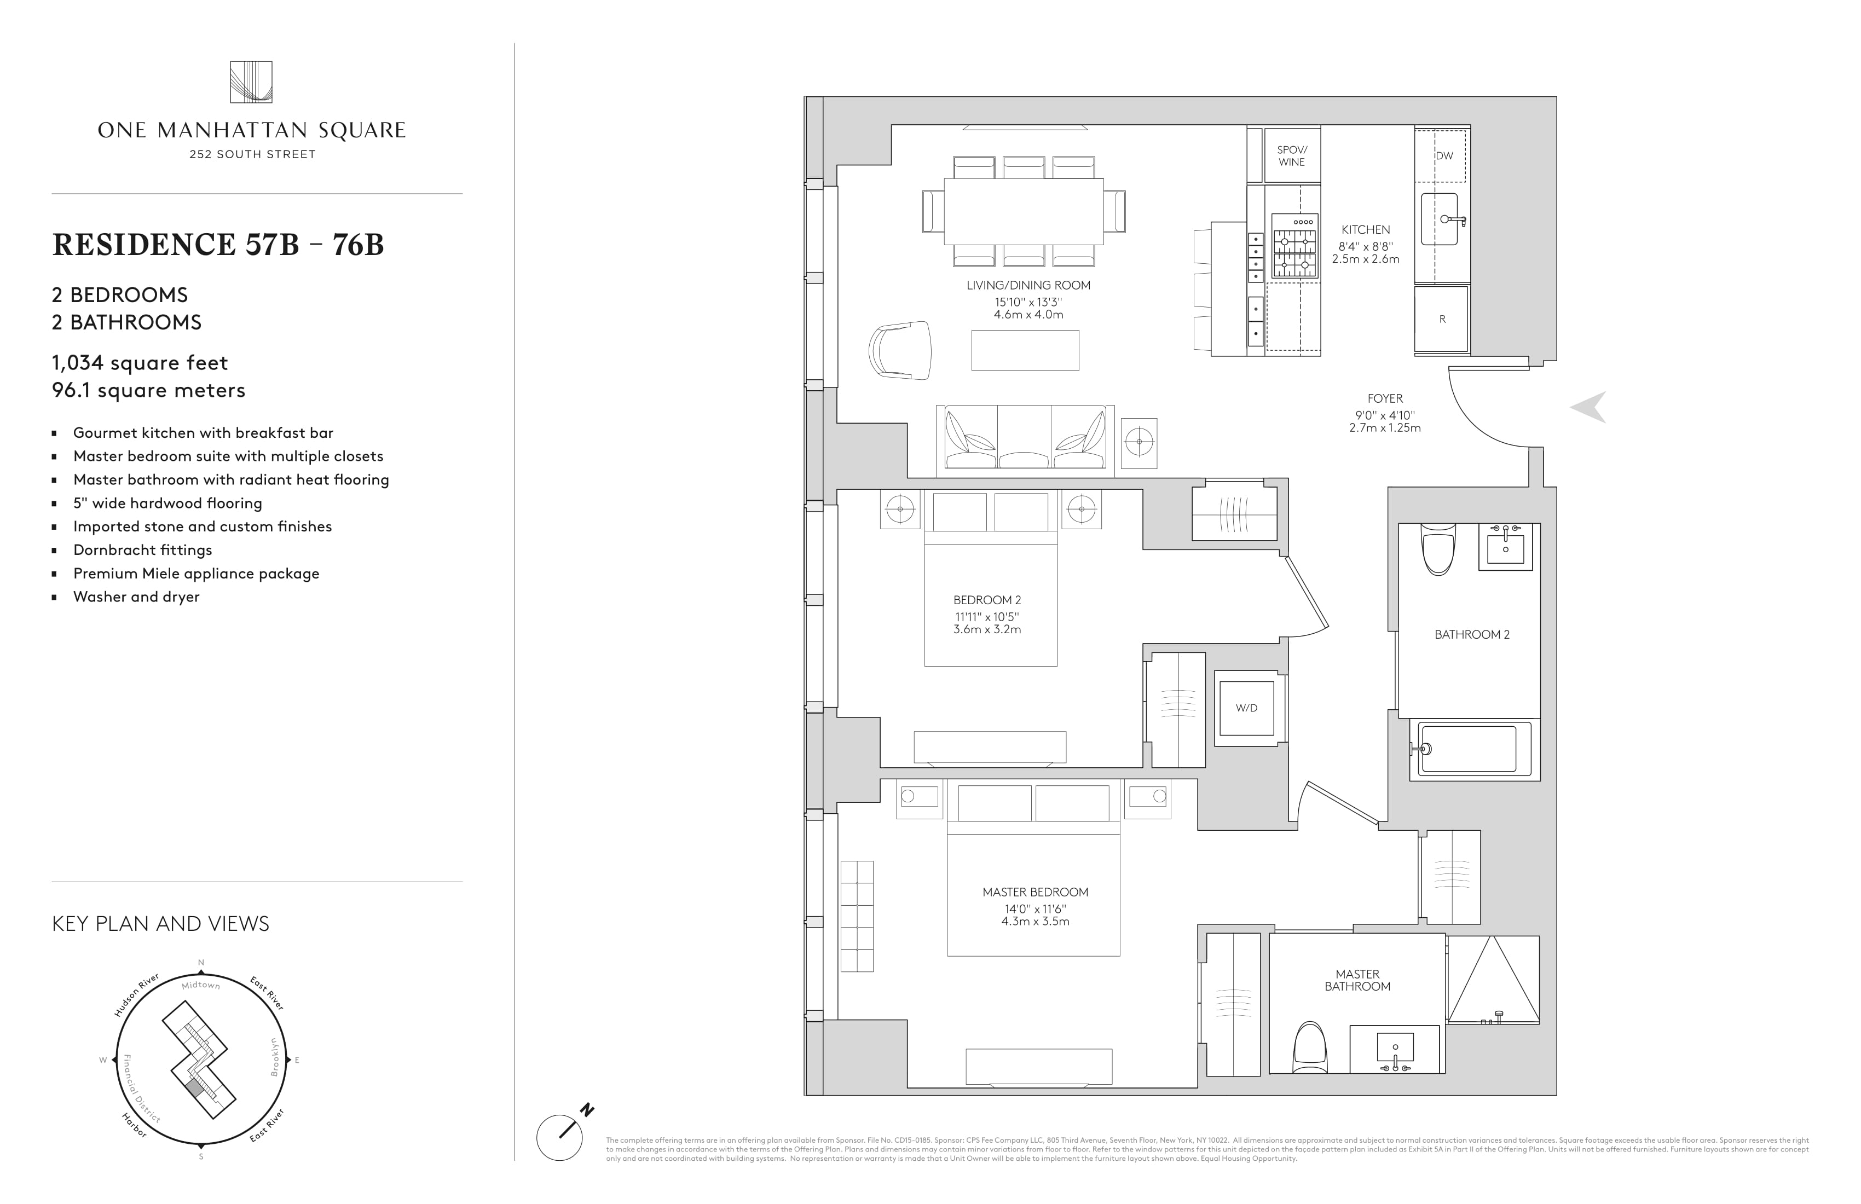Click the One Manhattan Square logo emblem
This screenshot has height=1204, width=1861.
pyautogui.click(x=251, y=82)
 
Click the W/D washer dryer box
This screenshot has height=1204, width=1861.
pyautogui.click(x=1246, y=708)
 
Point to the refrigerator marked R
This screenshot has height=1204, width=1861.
pyautogui.click(x=1442, y=319)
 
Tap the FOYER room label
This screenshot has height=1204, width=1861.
pyautogui.click(x=1385, y=399)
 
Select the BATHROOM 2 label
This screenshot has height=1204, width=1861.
pyautogui.click(x=1472, y=635)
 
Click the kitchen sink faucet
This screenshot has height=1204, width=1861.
pyautogui.click(x=1452, y=219)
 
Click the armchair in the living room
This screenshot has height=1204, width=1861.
pyautogui.click(x=901, y=350)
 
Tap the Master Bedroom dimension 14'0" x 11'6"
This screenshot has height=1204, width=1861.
pyautogui.click(x=1035, y=909)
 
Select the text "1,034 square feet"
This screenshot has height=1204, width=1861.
pyautogui.click(x=140, y=363)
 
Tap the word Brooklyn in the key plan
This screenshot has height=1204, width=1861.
pyautogui.click(x=274, y=1057)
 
